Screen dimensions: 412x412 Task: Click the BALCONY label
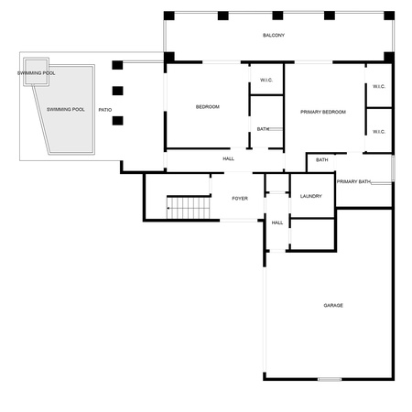274,36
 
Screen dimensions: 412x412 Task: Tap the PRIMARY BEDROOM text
323,112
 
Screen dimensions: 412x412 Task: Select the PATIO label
105,110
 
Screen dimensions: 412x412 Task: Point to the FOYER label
240,199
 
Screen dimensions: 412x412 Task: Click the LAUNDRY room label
311,196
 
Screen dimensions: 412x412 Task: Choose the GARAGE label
333,305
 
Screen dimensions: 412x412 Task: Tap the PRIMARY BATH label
353,181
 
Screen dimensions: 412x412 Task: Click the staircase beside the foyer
189,208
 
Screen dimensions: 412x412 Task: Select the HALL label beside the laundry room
277,222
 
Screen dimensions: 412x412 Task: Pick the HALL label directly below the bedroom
228,158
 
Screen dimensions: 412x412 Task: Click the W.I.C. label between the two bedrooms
266,80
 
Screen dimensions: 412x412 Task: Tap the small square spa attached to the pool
36,72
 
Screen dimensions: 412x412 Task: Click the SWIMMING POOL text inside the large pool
66,109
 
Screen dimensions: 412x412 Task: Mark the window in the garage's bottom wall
330,379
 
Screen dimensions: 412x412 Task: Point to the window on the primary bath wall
393,168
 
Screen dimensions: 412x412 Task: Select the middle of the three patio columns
117,91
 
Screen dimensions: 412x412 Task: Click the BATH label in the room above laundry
322,160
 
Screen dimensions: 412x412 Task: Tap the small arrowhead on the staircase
168,208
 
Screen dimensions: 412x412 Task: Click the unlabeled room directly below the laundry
312,234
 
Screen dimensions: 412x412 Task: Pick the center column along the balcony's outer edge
277,16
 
